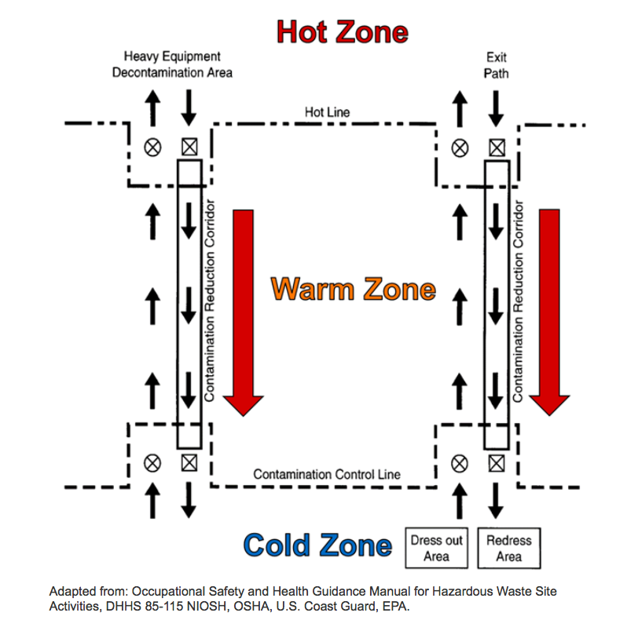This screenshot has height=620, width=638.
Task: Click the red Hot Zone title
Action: (342, 33)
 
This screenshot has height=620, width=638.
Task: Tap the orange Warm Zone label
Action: (353, 289)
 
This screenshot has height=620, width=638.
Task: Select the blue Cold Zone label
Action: (317, 545)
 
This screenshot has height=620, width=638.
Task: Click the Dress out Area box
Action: (437, 548)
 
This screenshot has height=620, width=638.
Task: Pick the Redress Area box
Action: (509, 548)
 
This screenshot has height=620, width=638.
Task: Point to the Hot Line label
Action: (327, 112)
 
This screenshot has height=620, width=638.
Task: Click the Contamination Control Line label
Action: (327, 474)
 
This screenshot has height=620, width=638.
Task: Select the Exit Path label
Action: (497, 64)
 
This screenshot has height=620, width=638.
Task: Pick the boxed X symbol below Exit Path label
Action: (497, 147)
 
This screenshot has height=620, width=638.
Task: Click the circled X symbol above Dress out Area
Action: (460, 462)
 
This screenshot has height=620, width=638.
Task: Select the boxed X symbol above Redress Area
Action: (497, 462)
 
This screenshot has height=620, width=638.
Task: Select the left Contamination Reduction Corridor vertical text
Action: (210, 301)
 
